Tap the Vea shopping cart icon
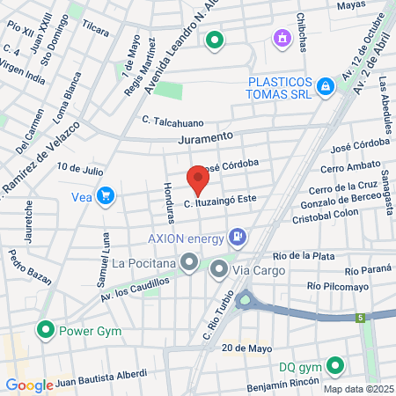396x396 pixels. tap(106, 196)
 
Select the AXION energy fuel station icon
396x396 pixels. tap(237, 236)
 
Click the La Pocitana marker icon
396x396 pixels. tap(188, 261)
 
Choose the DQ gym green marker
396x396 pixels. tap(334, 366)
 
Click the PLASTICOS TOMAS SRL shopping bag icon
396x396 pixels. tap(326, 86)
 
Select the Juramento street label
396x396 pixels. tap(205, 138)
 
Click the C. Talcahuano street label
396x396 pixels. tap(172, 121)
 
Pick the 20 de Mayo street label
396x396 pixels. tap(246, 348)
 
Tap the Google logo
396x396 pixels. tap(28, 385)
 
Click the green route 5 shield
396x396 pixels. tap(360, 317)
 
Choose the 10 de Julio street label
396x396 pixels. tap(80, 166)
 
